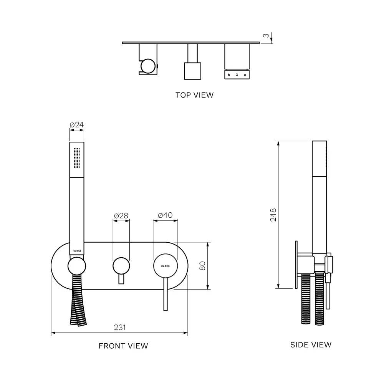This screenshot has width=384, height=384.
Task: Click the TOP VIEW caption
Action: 194,95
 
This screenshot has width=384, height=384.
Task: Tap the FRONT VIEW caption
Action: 123,346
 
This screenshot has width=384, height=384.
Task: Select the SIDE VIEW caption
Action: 311,345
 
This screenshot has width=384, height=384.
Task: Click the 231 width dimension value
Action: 120,328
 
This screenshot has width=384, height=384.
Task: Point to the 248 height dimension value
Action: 273,215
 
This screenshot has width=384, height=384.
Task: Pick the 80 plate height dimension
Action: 202,266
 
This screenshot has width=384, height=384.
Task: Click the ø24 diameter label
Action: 77,125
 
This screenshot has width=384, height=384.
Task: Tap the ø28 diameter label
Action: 121,216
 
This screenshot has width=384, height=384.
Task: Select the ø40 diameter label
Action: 165,215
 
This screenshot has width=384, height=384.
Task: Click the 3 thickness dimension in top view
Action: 266,36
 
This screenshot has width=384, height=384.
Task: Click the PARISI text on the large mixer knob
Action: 165,266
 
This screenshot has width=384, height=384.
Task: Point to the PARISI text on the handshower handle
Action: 77,251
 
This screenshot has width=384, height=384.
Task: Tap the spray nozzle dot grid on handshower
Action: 77,158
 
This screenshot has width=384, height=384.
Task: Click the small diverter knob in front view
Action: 121,266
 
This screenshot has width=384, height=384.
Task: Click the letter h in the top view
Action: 229,75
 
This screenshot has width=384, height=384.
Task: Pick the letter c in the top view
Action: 245,75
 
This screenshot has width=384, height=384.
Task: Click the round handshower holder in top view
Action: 148,66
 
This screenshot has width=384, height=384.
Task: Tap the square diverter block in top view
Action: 192,71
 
